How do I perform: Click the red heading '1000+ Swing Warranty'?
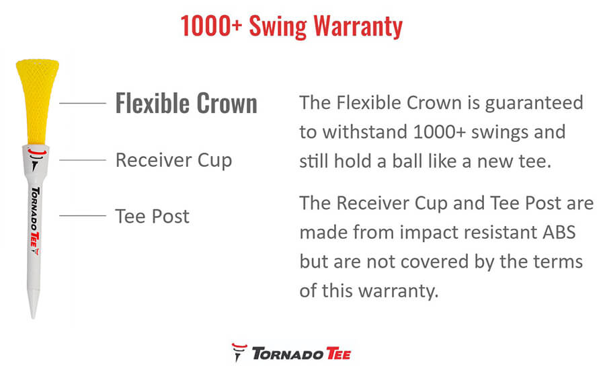(x=292, y=27)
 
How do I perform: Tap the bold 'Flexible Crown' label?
(x=186, y=104)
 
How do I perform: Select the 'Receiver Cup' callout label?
(x=173, y=161)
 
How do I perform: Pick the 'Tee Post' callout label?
(x=153, y=216)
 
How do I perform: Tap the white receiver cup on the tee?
(x=36, y=160)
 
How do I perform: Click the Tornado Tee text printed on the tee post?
(x=35, y=221)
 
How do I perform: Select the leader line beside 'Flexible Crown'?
(x=83, y=104)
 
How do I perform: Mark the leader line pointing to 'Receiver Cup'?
(x=83, y=160)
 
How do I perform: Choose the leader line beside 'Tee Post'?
(x=83, y=216)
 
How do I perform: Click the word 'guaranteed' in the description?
(x=534, y=104)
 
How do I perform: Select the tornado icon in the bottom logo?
(x=239, y=352)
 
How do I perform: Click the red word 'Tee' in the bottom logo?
(x=338, y=354)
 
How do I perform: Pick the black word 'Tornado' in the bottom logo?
(x=288, y=354)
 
